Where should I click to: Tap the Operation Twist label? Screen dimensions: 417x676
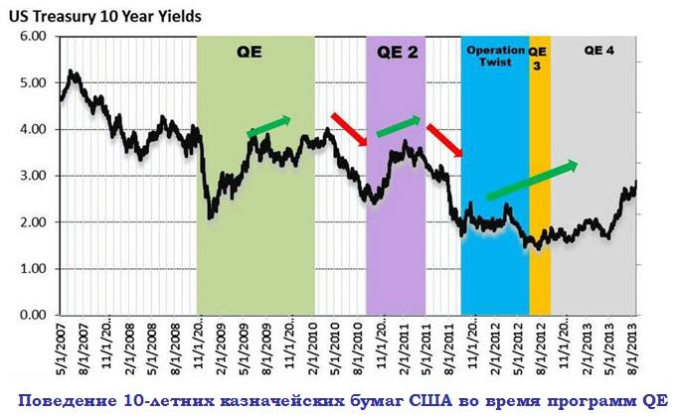coord(494,55)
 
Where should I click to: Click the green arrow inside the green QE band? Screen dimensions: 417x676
coord(269,126)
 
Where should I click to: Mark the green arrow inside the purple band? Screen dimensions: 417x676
coord(399,125)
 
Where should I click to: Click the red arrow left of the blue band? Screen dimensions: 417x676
coord(444,140)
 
